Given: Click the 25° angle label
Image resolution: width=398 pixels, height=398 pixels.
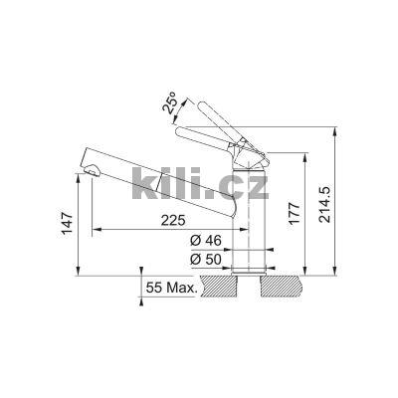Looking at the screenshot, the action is (x=171, y=103).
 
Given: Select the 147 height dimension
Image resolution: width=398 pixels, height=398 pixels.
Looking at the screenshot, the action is (x=67, y=223).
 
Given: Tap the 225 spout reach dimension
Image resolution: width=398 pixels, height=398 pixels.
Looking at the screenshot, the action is (x=172, y=220).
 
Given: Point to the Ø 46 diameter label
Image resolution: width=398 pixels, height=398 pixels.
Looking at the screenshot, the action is (x=206, y=240).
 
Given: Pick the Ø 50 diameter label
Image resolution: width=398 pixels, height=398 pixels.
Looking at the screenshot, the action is (x=206, y=260).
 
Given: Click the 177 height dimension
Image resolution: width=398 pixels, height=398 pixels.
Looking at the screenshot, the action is (x=294, y=213).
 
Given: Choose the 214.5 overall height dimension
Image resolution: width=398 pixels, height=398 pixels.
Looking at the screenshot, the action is (x=324, y=204).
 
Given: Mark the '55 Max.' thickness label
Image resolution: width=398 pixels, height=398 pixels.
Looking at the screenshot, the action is (x=171, y=288).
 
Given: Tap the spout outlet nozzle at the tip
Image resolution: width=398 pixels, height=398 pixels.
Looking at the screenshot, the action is (x=92, y=171).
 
